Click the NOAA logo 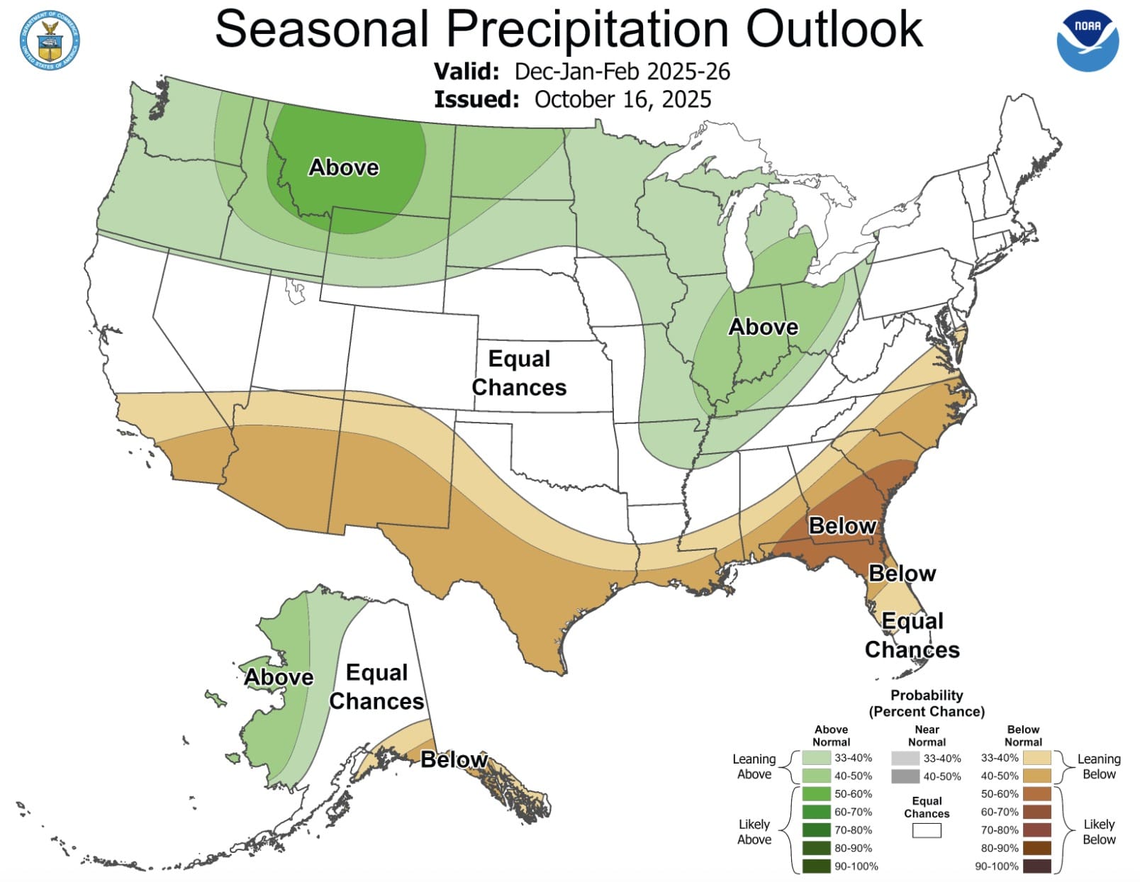(1088, 40)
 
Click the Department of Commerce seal (50, 40)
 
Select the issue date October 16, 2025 (622, 99)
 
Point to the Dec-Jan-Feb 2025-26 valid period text (622, 72)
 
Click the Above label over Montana (344, 167)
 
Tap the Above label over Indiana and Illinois (764, 327)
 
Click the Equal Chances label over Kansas (519, 373)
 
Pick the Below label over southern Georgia (842, 526)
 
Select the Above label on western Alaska (279, 677)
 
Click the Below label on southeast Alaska (454, 760)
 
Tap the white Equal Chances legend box (927, 830)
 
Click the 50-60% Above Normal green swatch (816, 794)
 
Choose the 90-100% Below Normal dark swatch (1036, 866)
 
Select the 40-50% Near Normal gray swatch (905, 776)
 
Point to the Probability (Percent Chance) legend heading (927, 703)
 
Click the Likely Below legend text (1099, 832)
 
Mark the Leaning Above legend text (754, 766)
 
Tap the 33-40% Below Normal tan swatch (1036, 758)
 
